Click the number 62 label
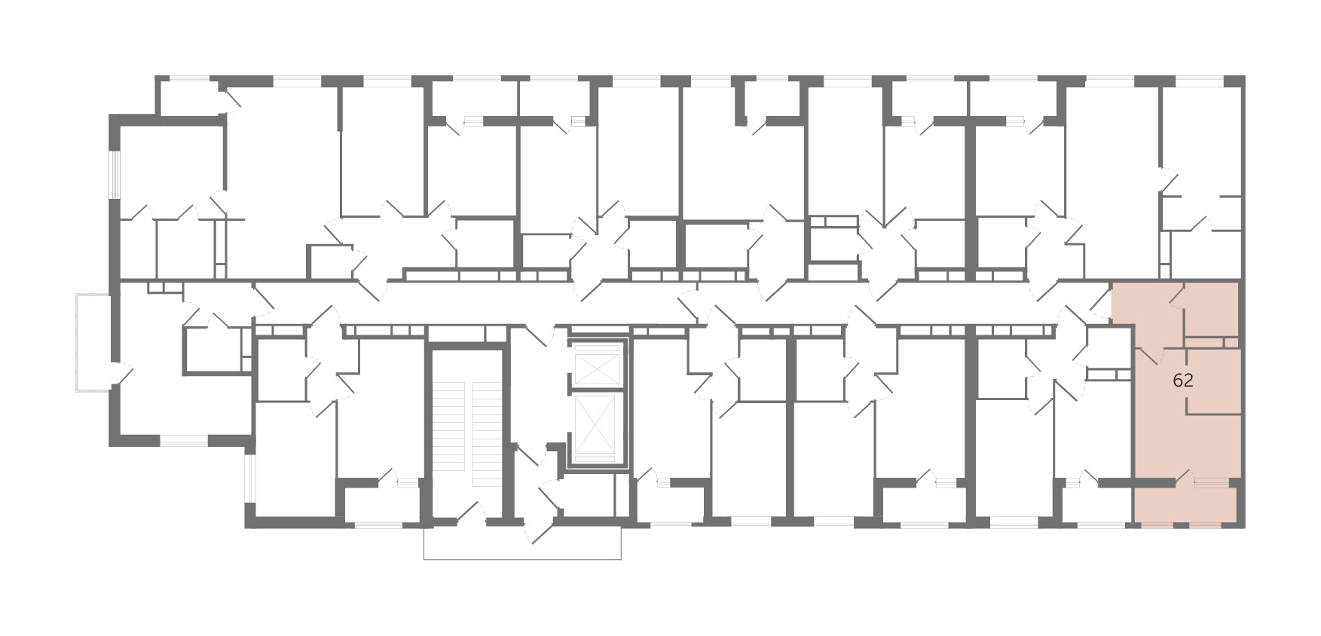click(1183, 381)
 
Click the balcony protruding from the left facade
click(93, 342)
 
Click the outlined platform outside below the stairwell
click(522, 543)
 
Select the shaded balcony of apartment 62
click(1186, 502)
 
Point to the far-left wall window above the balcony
click(115, 176)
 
